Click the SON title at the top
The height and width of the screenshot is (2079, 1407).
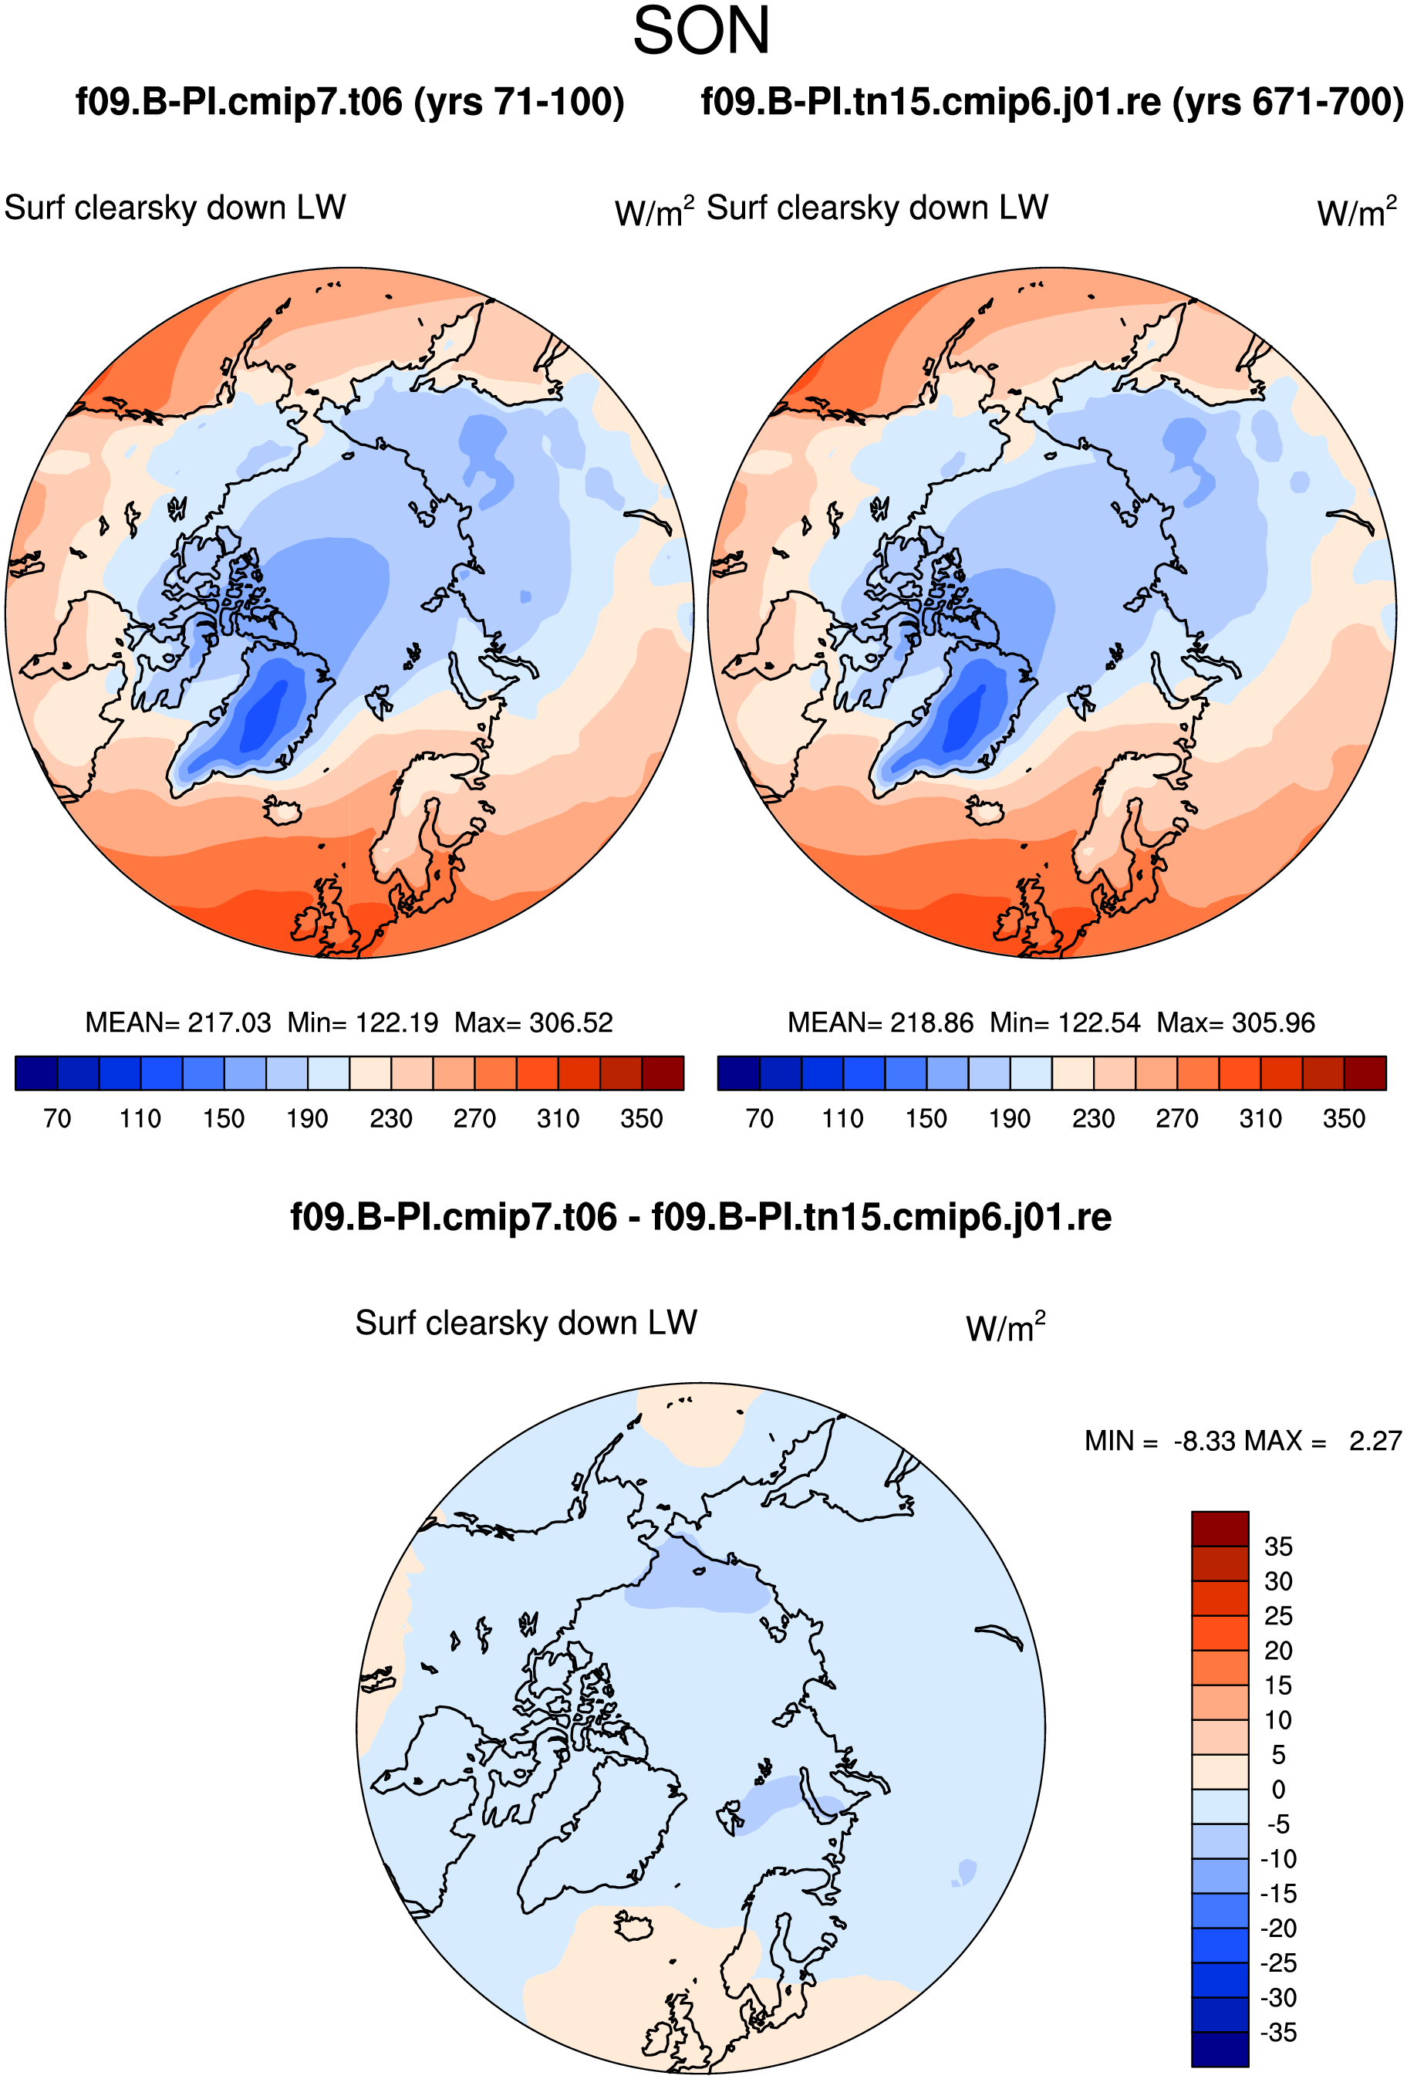click(701, 32)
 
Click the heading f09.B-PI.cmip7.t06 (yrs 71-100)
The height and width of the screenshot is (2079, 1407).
click(349, 102)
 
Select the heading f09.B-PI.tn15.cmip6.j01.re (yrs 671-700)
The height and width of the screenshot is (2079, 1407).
click(1052, 102)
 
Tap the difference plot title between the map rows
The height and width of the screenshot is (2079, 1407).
click(701, 1218)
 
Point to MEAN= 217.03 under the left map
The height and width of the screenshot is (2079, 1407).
click(178, 1023)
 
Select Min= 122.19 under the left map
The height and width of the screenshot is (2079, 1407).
click(363, 1023)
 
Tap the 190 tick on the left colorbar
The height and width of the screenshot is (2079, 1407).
click(307, 1118)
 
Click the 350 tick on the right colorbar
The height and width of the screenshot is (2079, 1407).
click(1344, 1118)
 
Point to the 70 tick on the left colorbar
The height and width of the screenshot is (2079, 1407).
click(57, 1118)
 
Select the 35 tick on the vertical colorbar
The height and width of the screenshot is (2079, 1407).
click(1278, 1547)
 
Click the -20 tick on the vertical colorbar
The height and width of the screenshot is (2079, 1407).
click(1278, 1928)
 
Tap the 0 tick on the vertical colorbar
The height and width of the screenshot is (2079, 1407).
click(1278, 1789)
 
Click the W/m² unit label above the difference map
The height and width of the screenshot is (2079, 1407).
click(1005, 1327)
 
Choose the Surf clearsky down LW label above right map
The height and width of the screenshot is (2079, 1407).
click(878, 208)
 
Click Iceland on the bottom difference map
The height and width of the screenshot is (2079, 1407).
click(634, 1925)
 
